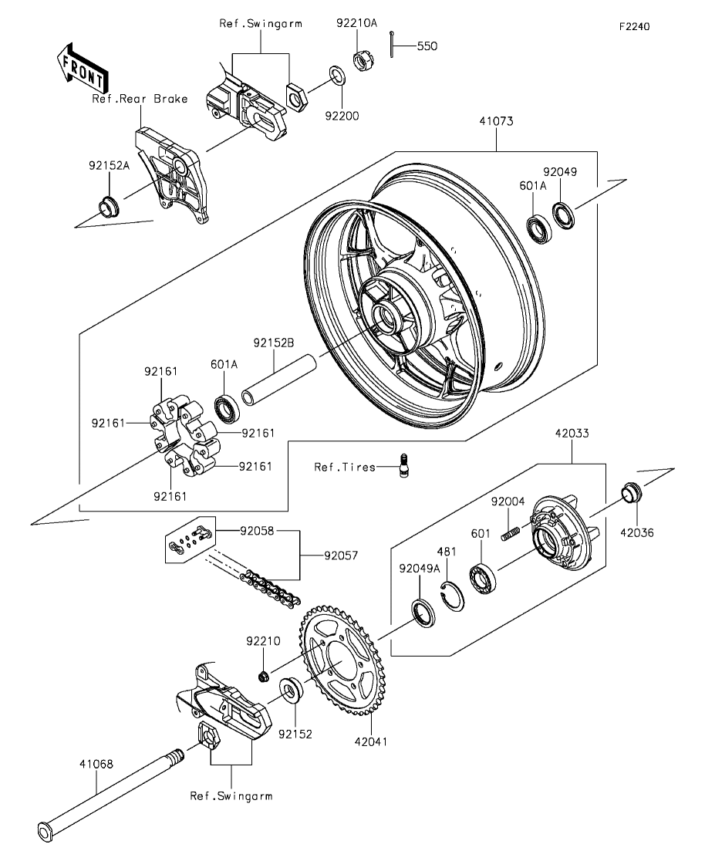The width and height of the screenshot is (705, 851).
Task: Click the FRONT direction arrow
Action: [83, 67]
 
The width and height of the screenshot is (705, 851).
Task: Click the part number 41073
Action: [496, 121]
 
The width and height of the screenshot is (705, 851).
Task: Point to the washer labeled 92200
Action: [336, 76]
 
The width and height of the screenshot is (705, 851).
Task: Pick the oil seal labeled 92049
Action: [564, 214]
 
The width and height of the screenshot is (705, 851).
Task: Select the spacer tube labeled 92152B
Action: [278, 380]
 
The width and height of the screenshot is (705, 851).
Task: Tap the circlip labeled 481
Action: [452, 596]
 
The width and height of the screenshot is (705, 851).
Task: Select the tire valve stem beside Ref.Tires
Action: [403, 466]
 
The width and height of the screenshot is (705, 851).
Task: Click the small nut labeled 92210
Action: [264, 676]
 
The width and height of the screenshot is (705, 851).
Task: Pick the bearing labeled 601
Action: [483, 579]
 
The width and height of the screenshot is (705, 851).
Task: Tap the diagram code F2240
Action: [635, 26]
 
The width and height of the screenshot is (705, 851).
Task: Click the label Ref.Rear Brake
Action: [140, 99]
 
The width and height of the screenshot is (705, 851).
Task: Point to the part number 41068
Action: [96, 764]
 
